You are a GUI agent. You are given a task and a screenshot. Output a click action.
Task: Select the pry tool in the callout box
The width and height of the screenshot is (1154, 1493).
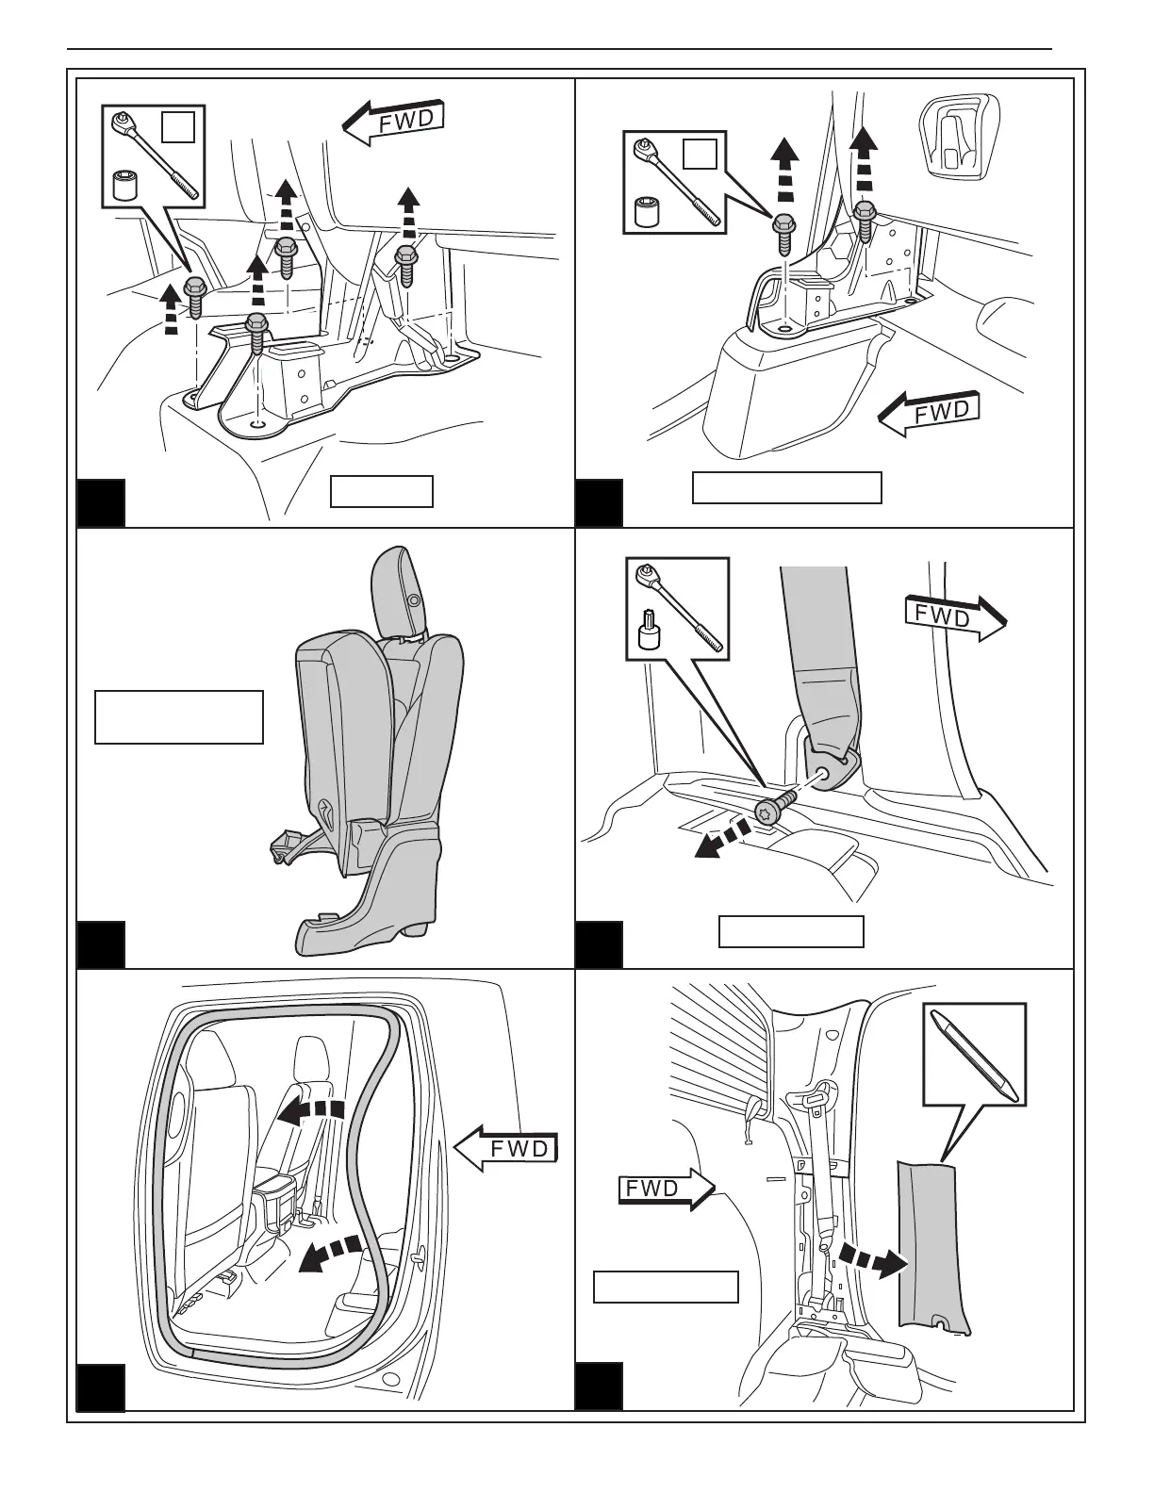pos(973,1054)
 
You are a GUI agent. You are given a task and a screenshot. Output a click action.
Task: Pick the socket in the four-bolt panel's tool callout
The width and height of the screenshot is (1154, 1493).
pos(123,185)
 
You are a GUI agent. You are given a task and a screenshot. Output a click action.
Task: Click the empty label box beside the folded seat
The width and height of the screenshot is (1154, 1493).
pos(178,717)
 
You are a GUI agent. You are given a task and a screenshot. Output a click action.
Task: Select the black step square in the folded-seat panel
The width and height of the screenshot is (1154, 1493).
pos(100,944)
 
